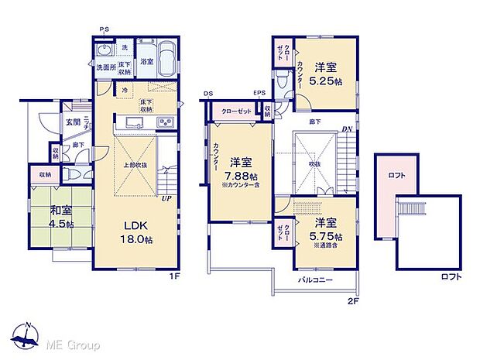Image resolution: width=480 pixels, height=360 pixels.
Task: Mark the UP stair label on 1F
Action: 166,199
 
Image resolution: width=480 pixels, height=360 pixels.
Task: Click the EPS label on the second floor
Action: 259,94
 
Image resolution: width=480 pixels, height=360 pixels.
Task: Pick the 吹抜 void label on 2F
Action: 315,163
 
